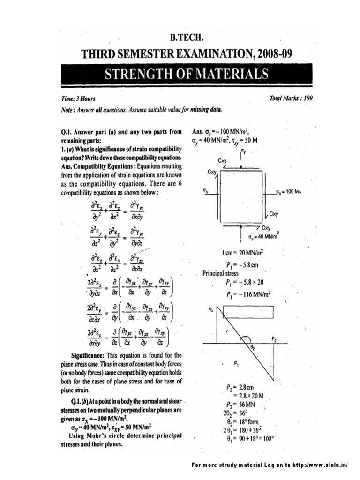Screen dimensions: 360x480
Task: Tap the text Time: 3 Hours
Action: [73, 99]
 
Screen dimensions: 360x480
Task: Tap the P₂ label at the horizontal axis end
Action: [274, 338]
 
